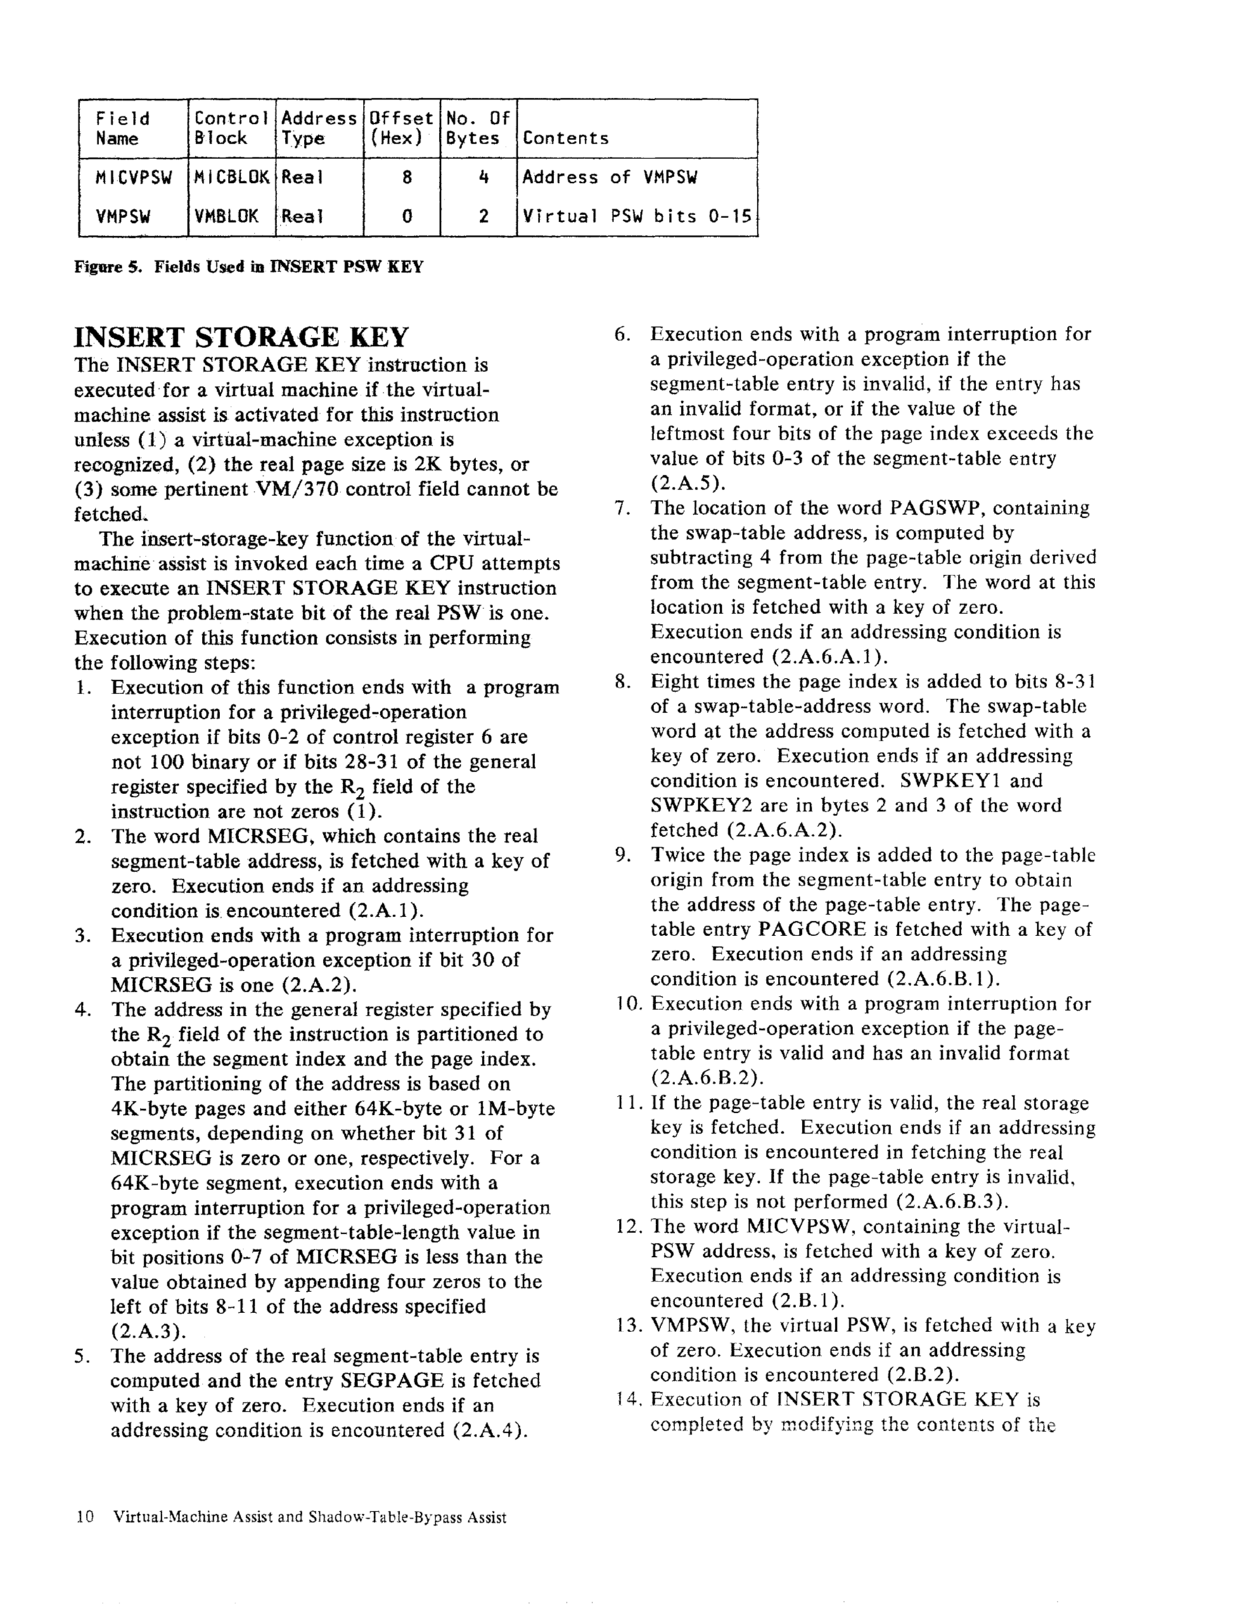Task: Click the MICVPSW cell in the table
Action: click(134, 178)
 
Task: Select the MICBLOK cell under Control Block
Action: click(231, 178)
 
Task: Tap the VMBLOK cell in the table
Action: click(226, 216)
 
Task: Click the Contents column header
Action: click(565, 139)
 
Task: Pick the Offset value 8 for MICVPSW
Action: click(407, 178)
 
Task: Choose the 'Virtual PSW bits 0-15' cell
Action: click(636, 216)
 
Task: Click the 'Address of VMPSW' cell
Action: click(610, 178)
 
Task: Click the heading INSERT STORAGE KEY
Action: click(241, 338)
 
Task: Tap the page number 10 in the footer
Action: click(85, 1517)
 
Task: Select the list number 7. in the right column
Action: click(622, 509)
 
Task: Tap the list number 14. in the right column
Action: click(626, 1400)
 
